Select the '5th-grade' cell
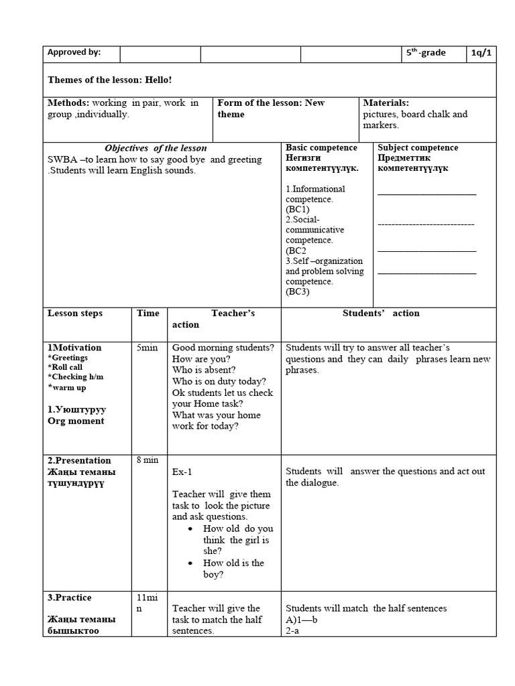tap(426, 53)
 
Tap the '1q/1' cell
tap(481, 53)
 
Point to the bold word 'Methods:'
tap(68, 103)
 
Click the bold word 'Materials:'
tap(386, 103)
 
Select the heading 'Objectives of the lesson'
tap(156, 148)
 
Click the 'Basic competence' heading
tap(321, 147)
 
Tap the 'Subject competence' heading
tap(418, 147)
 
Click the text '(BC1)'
tap(298, 210)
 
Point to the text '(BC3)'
tap(298, 291)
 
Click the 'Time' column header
tap(148, 314)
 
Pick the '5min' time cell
tap(148, 348)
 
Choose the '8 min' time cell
tap(148, 461)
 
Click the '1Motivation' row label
tap(74, 348)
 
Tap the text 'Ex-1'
tap(182, 472)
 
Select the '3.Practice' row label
tap(70, 598)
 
